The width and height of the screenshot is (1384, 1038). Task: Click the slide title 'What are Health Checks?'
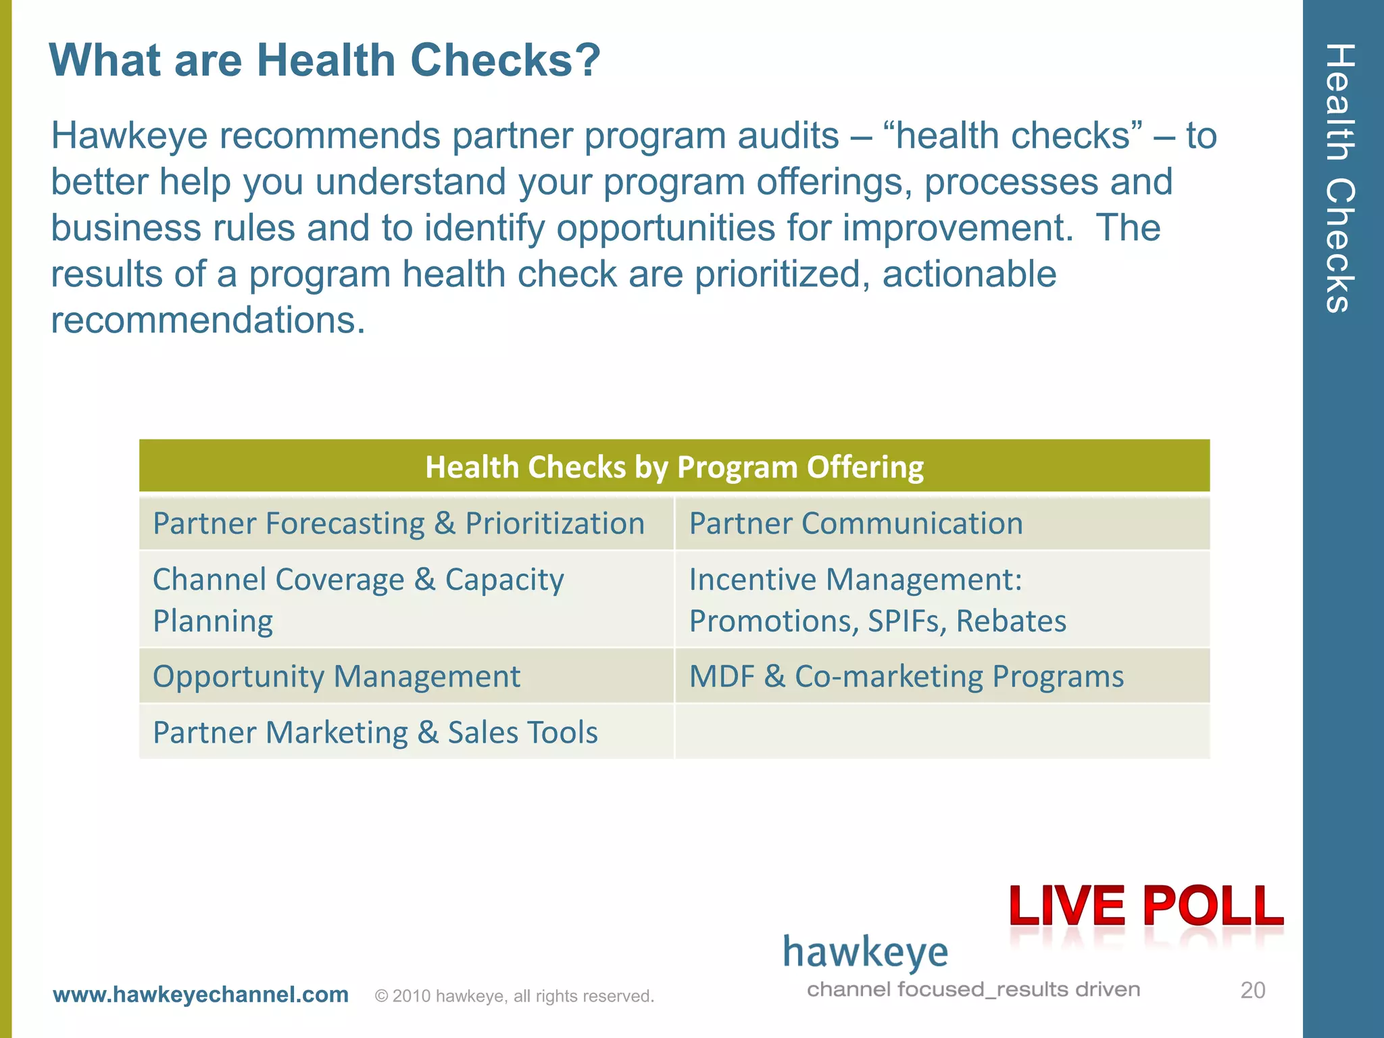[324, 61]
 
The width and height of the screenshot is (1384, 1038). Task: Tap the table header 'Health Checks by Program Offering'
[674, 467]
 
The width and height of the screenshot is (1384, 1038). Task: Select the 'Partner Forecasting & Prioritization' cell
[399, 524]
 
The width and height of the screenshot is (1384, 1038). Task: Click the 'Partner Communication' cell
[856, 524]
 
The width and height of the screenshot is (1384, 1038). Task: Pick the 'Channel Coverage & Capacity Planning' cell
[358, 599]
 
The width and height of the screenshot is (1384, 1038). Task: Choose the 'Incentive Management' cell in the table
[877, 599]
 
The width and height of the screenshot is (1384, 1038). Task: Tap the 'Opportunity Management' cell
[337, 676]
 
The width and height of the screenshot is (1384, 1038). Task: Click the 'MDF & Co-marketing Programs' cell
[906, 676]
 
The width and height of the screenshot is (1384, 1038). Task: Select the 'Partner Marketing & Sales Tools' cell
[375, 733]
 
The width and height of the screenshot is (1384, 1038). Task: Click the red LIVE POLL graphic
[1146, 907]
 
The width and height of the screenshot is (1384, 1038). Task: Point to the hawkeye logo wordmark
[866, 953]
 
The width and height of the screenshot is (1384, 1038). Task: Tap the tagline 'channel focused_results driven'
[973, 990]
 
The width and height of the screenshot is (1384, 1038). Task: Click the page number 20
[1252, 991]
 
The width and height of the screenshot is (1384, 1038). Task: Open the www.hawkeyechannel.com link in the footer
[201, 995]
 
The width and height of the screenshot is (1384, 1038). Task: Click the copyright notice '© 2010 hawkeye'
[514, 996]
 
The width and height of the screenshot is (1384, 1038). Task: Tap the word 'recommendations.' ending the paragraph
[208, 320]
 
